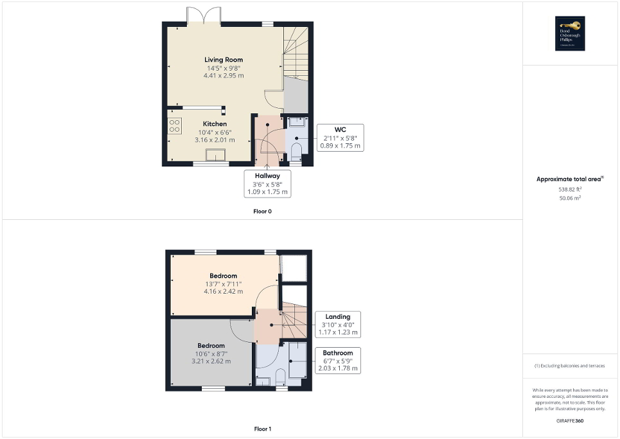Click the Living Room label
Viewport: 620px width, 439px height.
pyautogui.click(x=224, y=60)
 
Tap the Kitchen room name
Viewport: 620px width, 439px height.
pyautogui.click(x=215, y=124)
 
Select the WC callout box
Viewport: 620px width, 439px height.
pyautogui.click(x=341, y=138)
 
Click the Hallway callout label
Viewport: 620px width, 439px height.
pyautogui.click(x=267, y=183)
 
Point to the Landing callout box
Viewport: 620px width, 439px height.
pyautogui.click(x=337, y=325)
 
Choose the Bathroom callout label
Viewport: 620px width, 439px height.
pyautogui.click(x=338, y=361)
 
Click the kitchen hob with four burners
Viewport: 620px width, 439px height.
pyautogui.click(x=174, y=125)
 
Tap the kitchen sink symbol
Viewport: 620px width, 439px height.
pyautogui.click(x=215, y=154)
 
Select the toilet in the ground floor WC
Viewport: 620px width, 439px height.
pyautogui.click(x=296, y=151)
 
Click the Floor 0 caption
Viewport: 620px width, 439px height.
pyautogui.click(x=263, y=211)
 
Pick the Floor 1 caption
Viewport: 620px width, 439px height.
pyautogui.click(x=263, y=429)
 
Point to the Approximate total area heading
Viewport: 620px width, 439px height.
pyautogui.click(x=570, y=179)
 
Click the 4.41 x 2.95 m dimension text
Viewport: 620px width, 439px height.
pyautogui.click(x=225, y=76)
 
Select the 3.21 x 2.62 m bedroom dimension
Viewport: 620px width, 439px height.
pyautogui.click(x=211, y=361)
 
